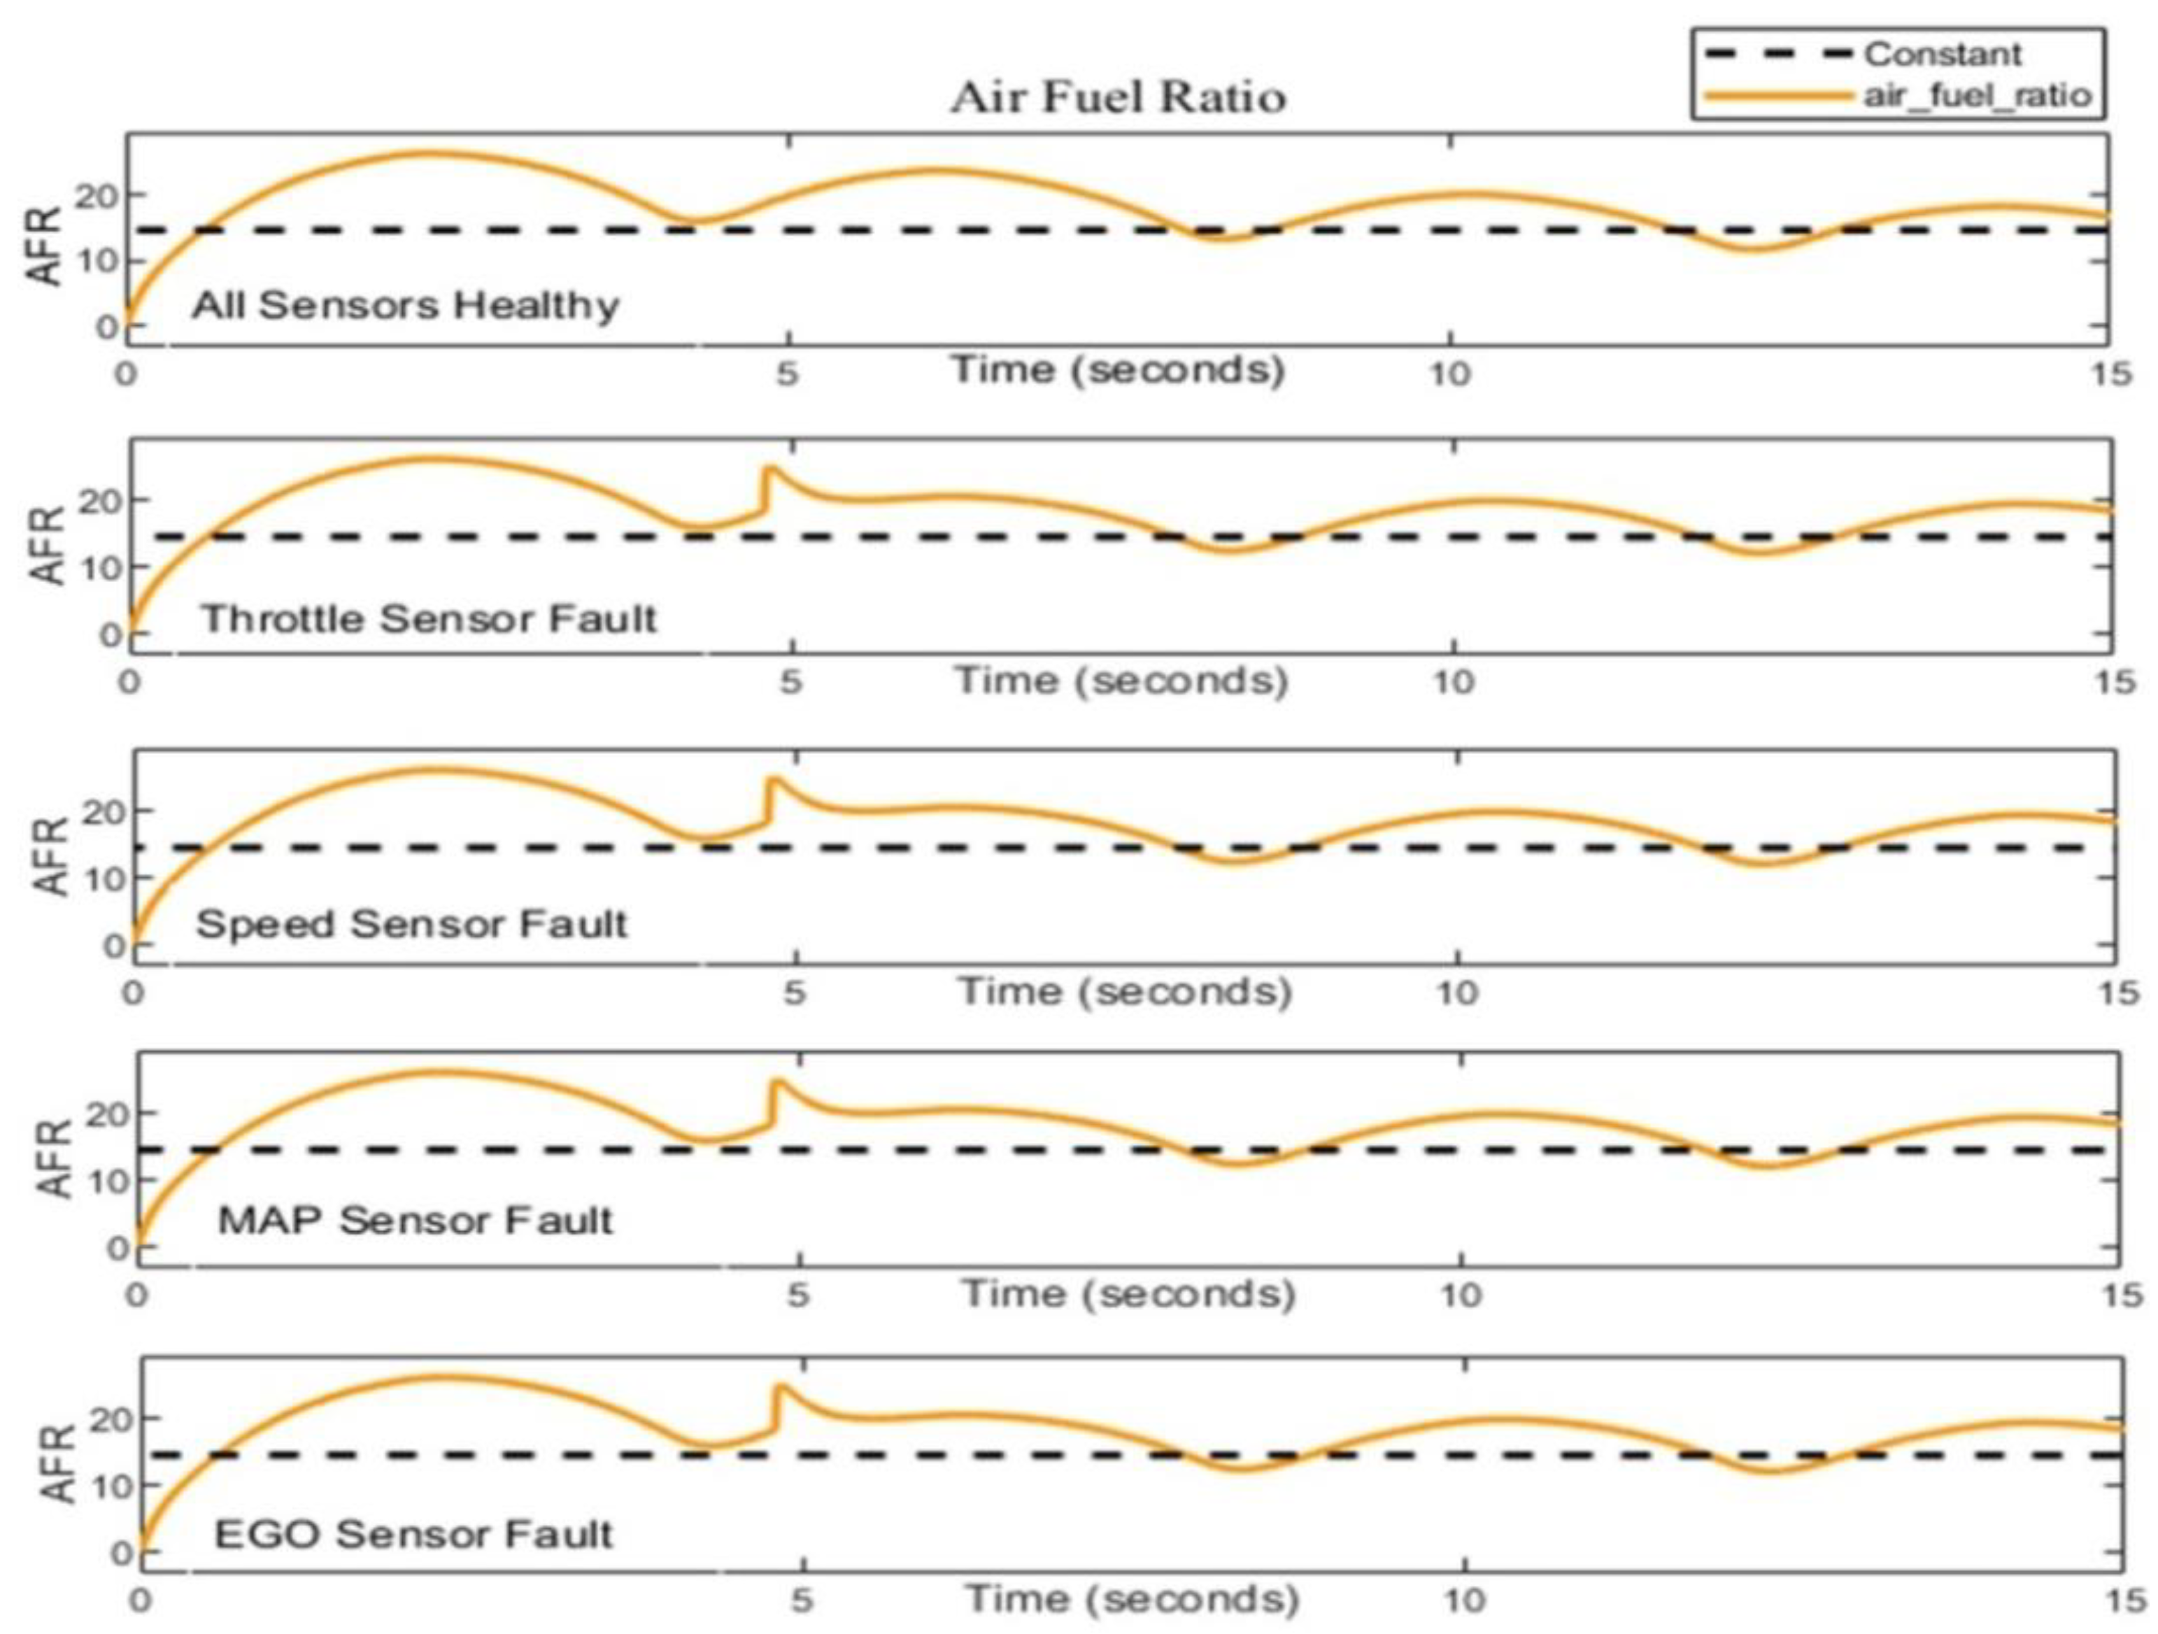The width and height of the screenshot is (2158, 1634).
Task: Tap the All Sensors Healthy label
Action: point(405,306)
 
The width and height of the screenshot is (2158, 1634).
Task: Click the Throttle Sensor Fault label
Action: point(430,618)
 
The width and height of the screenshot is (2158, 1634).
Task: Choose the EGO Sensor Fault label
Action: point(413,1533)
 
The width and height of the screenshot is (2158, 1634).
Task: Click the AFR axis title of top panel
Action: point(45,245)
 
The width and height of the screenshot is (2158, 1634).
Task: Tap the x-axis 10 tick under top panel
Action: point(1449,374)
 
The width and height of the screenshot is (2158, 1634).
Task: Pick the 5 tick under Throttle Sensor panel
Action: point(790,681)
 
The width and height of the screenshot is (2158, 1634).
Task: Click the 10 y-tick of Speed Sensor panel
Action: point(101,878)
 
